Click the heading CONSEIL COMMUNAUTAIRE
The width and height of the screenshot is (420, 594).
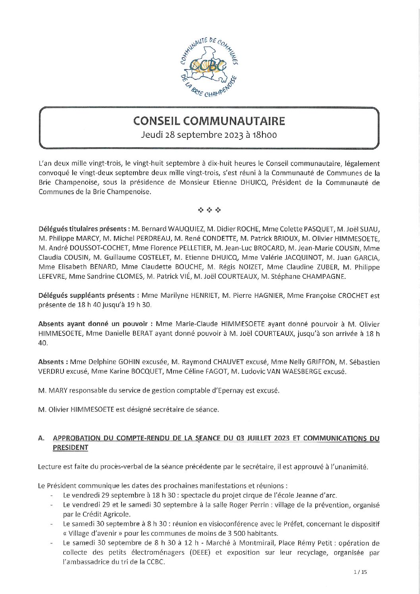[209, 121]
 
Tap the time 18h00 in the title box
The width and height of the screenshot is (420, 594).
[264, 135]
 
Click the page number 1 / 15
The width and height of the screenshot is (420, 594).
[360, 572]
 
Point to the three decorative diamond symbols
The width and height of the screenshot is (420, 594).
[209, 210]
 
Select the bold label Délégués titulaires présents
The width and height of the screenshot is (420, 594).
[83, 229]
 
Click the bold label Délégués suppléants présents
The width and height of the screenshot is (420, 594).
[87, 295]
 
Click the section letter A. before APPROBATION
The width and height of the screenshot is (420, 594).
[41, 438]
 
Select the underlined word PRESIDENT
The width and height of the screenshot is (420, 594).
[70, 448]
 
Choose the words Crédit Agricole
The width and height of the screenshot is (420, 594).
[101, 515]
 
